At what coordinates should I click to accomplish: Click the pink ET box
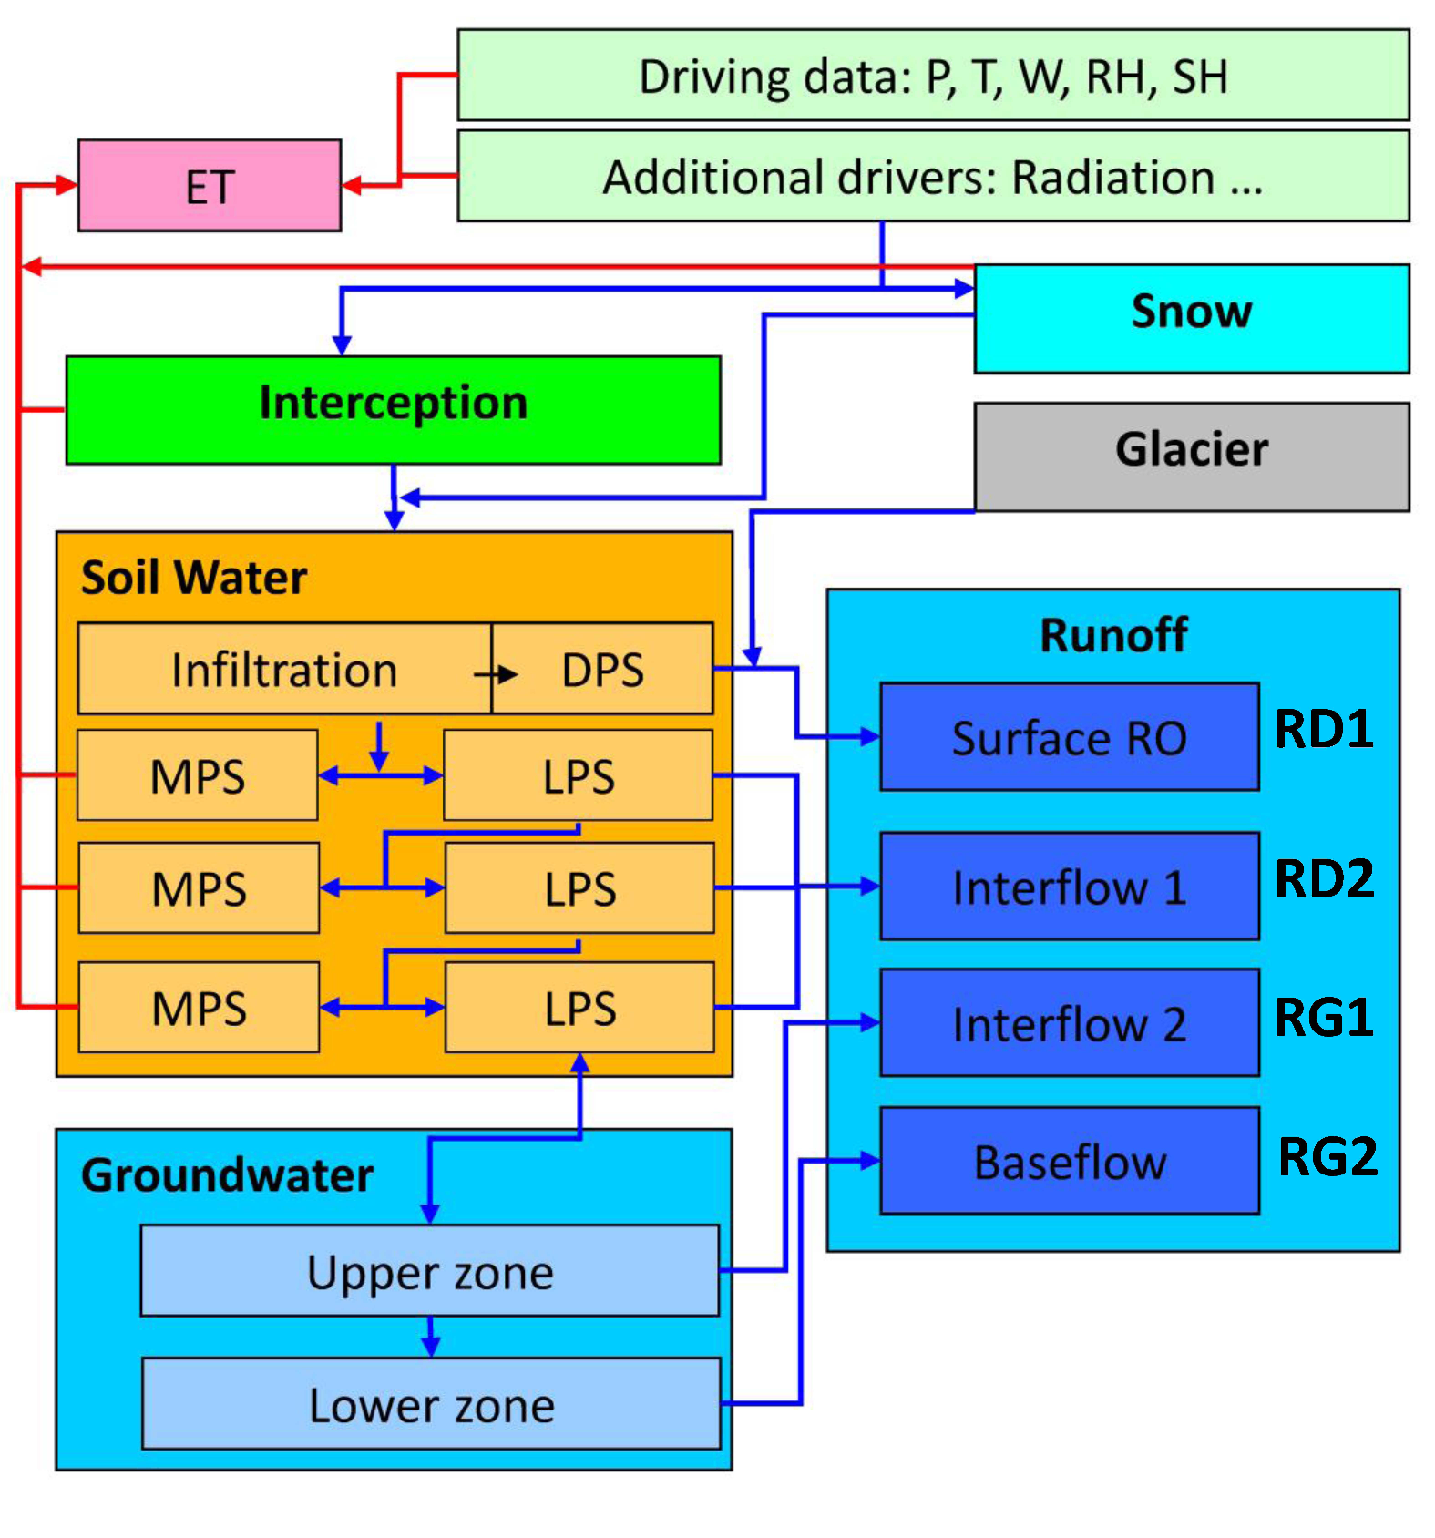(x=210, y=185)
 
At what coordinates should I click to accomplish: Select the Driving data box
(x=933, y=75)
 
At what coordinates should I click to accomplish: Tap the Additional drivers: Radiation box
(x=933, y=176)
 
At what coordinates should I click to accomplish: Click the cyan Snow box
(x=1192, y=319)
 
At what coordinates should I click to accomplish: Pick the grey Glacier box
(x=1192, y=456)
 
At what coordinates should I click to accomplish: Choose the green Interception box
(x=394, y=410)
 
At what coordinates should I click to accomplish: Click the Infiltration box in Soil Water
(x=284, y=668)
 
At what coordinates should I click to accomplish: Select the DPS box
(x=602, y=668)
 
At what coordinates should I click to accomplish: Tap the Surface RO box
(x=1070, y=736)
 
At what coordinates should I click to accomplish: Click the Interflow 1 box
(x=1070, y=886)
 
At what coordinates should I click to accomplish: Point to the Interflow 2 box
(x=1070, y=1022)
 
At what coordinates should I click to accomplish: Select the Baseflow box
(x=1070, y=1161)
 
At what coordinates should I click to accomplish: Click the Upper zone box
(x=430, y=1270)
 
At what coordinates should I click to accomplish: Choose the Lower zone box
(x=431, y=1403)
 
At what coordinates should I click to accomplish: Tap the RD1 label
(x=1324, y=729)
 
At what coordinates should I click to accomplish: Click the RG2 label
(x=1327, y=1157)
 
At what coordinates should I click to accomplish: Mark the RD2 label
(x=1324, y=879)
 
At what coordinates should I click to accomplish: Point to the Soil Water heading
(x=194, y=577)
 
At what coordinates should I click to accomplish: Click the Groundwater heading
(x=227, y=1174)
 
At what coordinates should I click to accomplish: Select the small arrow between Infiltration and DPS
(x=496, y=674)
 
